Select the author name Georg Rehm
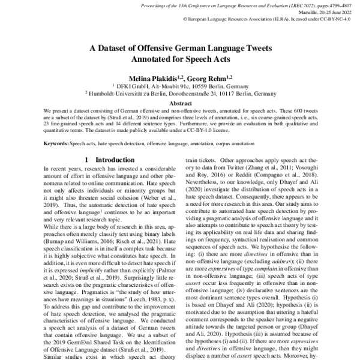coord(202,79)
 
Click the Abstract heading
coord(179,103)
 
